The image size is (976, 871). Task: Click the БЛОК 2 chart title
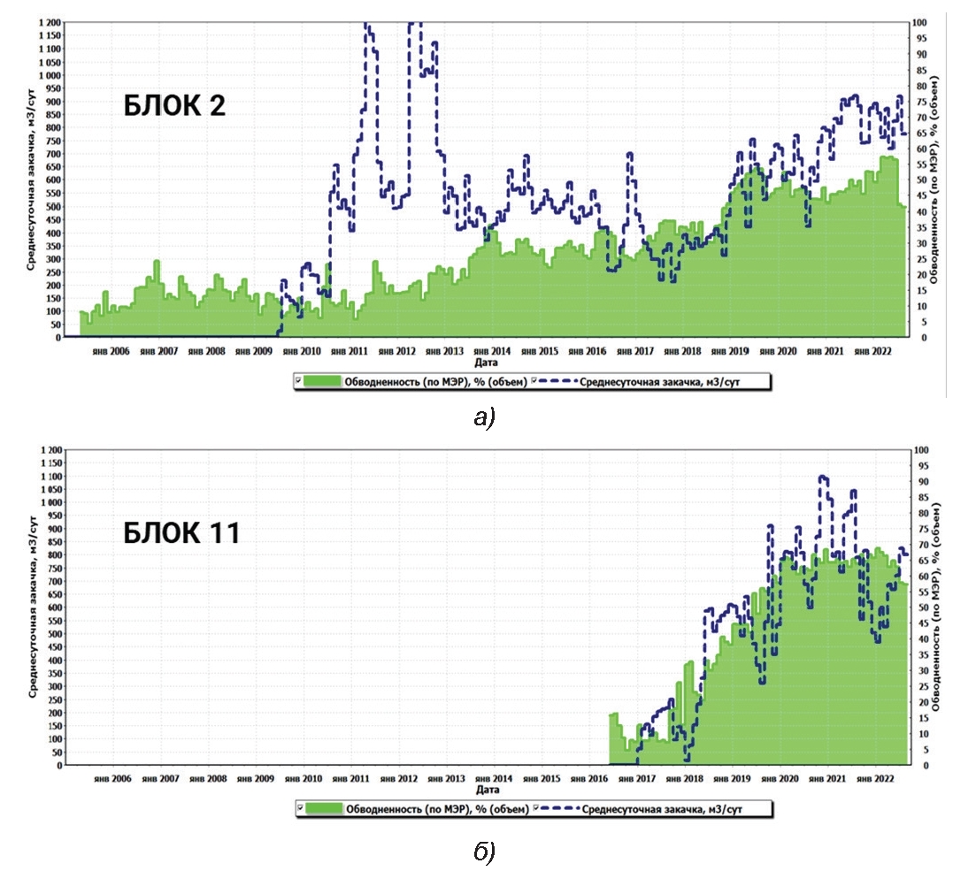(x=173, y=106)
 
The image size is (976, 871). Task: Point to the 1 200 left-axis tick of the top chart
(x=49, y=22)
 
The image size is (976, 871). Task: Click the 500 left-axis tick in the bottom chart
(x=53, y=634)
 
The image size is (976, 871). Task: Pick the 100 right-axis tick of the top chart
(x=920, y=22)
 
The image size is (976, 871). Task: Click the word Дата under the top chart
(x=485, y=363)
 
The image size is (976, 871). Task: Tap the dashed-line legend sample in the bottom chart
(x=557, y=808)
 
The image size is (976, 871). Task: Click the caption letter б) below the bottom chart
(x=484, y=851)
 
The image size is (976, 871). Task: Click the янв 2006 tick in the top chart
(x=111, y=351)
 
